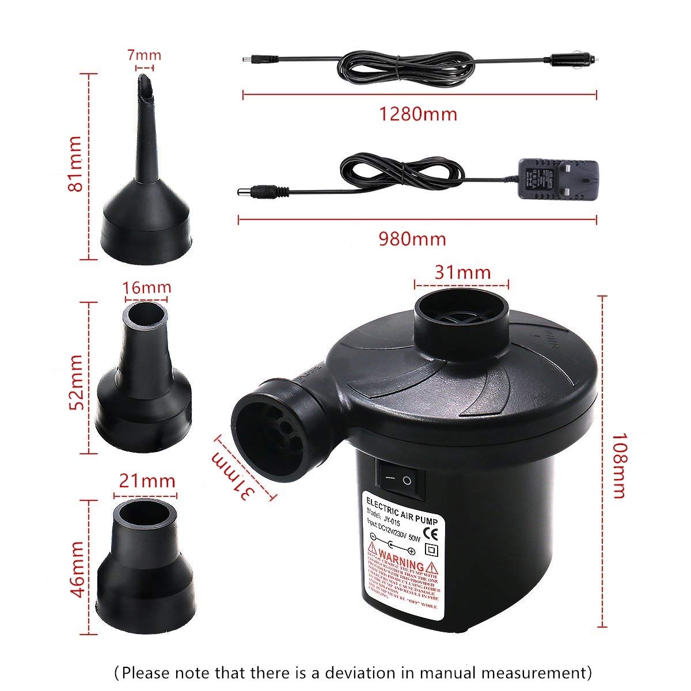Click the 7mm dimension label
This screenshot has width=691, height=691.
(145, 56)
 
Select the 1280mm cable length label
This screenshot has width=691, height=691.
(417, 113)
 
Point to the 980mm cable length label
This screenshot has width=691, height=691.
(412, 238)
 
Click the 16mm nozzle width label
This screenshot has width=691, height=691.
(147, 287)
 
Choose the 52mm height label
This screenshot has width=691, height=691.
(75, 382)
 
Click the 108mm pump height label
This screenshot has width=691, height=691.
(617, 465)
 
